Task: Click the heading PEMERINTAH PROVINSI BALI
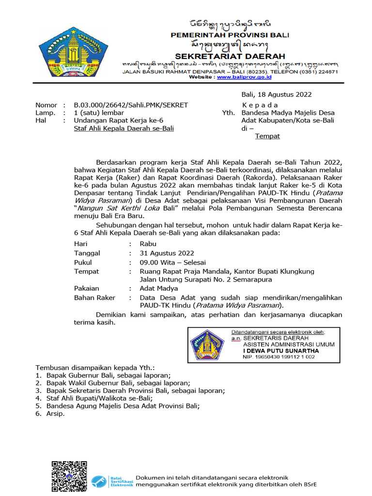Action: pos(230,35)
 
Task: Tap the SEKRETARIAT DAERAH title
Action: pos(230,56)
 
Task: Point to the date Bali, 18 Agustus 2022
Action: pos(277,94)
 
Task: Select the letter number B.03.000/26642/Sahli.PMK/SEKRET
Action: pos(131,105)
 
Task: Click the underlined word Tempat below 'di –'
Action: pos(267,136)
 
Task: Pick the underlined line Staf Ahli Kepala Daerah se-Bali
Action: pos(124,128)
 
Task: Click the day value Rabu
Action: pos(148,244)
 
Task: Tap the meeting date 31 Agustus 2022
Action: pos(167,253)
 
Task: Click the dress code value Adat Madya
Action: pos(158,288)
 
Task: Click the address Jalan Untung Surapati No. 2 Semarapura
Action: pos(206,279)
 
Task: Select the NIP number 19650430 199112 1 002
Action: pos(279,357)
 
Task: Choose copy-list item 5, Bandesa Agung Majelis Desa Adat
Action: pos(123,406)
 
